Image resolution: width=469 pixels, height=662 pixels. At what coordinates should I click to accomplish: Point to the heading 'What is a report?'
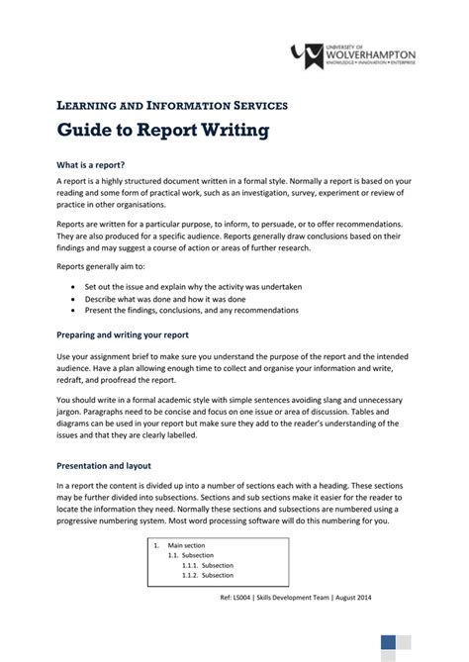[90, 163]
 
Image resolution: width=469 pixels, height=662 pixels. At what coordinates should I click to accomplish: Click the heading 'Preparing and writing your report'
[123, 333]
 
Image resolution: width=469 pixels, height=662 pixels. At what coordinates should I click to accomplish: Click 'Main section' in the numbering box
[186, 545]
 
